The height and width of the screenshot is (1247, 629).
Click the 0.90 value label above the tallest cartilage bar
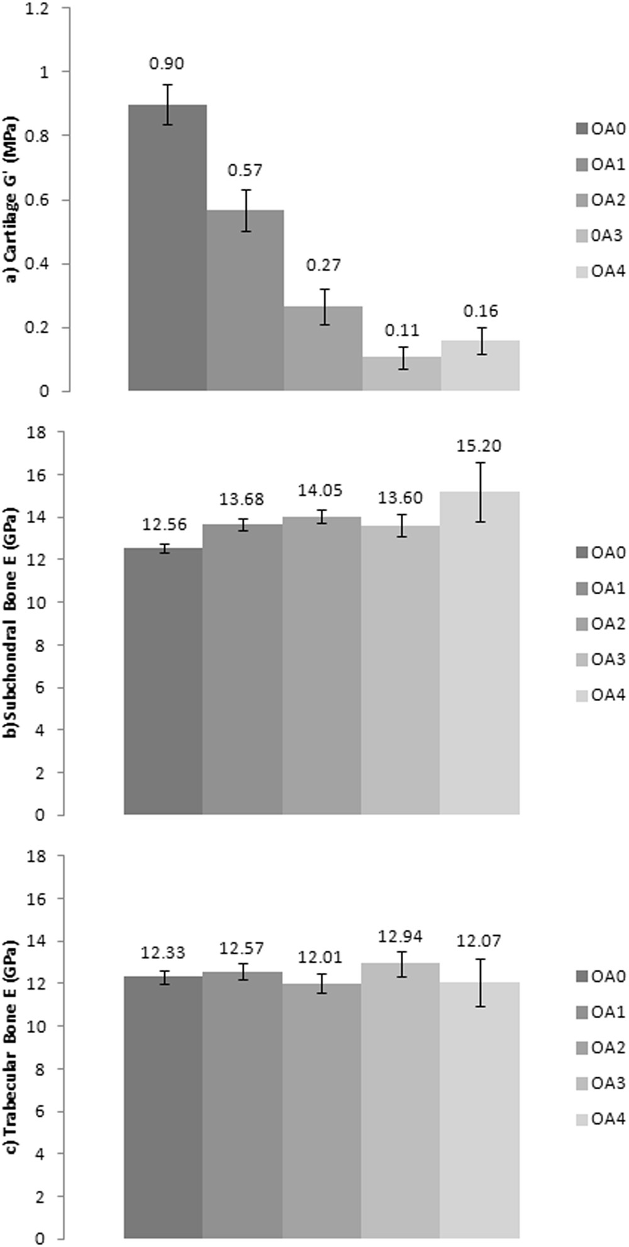tap(167, 64)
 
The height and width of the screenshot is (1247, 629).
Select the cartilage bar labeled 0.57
tap(245, 302)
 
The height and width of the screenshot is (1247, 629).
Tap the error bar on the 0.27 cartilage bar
tap(324, 307)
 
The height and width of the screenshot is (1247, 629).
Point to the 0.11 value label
tap(402, 330)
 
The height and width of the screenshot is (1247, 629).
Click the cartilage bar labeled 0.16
tap(481, 367)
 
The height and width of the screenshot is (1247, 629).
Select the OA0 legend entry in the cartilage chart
tap(600, 130)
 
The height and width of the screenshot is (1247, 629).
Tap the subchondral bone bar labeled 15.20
tap(481, 654)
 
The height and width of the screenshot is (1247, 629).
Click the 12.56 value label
tap(165, 524)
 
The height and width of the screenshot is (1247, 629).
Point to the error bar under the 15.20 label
tap(481, 492)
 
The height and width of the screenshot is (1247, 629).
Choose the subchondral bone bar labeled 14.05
tap(322, 667)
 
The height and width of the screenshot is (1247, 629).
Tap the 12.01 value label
tap(322, 957)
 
